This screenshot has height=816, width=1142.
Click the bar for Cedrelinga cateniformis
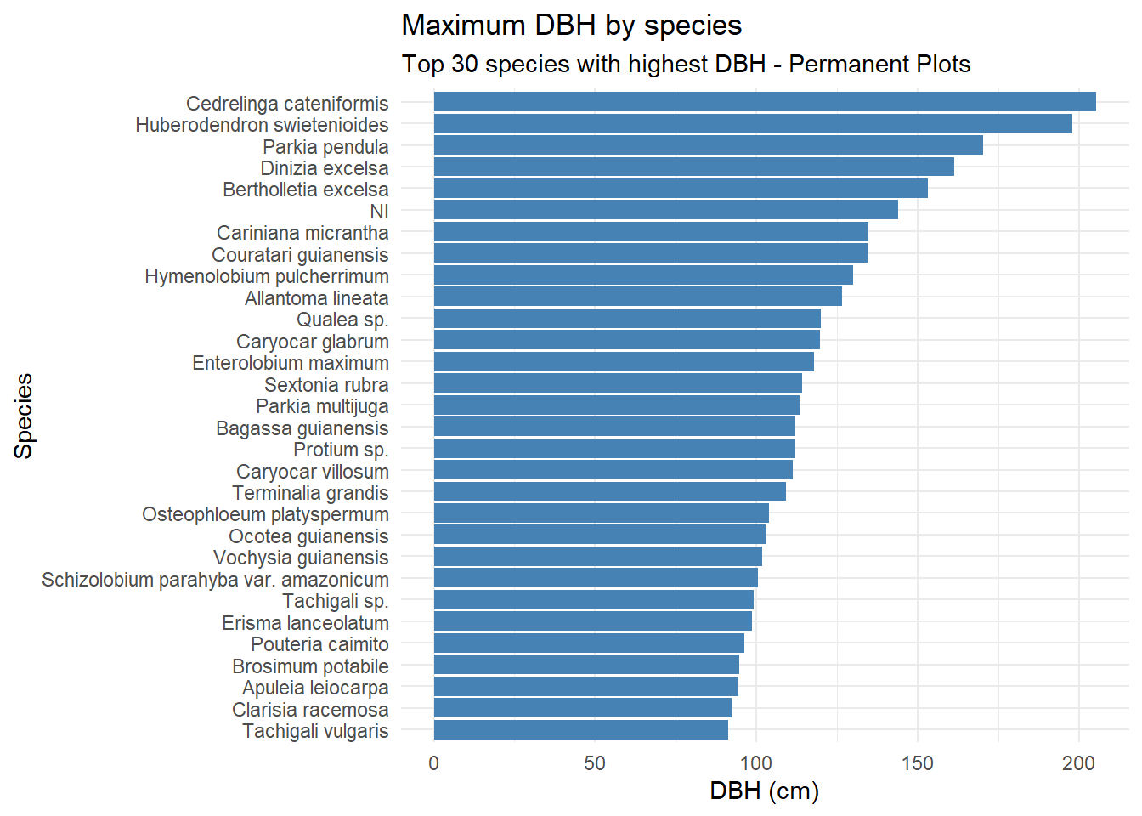765,102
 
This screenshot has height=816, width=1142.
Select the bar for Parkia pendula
708,145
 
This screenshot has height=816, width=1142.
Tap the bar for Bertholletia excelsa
681,189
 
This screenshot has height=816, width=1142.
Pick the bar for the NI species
665,210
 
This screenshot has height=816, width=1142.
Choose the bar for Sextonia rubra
618,383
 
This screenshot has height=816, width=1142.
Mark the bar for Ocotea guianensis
599,535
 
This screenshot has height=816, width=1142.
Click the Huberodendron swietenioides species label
262,125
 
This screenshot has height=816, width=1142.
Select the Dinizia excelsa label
324,168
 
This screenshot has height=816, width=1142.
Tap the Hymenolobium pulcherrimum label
267,276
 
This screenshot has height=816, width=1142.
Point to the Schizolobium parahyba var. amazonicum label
215,580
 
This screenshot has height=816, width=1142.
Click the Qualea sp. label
342,320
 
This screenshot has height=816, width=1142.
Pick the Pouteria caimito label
319,644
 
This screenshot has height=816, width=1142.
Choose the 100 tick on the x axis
756,763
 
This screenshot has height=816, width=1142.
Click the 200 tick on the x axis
1078,763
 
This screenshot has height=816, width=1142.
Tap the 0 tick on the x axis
434,763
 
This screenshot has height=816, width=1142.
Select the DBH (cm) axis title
764,791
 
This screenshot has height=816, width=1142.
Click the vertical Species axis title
24,416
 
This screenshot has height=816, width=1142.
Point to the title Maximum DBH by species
571,25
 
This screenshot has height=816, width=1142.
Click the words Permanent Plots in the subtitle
879,65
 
